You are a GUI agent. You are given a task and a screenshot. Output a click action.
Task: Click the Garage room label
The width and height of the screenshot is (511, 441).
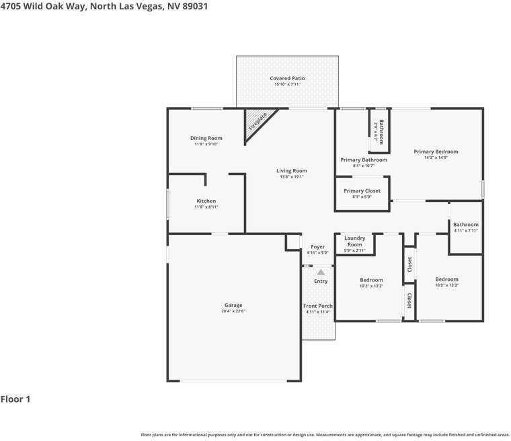pos(233,305)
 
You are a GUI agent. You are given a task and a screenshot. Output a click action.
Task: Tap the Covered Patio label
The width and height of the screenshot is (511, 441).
pos(287,78)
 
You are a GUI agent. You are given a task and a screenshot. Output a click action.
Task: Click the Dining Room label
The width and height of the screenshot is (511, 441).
pos(206,138)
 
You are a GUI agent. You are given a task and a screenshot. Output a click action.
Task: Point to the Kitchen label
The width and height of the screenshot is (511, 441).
pos(206,201)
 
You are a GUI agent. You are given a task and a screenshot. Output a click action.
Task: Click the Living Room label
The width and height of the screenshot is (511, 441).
pos(291,171)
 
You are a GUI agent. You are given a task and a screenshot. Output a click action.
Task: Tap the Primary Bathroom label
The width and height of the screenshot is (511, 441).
pos(363,160)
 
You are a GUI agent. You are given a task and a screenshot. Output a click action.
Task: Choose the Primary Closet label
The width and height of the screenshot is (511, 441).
pos(362,191)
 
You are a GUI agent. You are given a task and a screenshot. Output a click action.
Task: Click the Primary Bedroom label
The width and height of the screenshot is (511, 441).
pos(436,151)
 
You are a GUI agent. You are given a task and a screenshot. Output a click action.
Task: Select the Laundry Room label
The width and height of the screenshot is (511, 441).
pos(354,241)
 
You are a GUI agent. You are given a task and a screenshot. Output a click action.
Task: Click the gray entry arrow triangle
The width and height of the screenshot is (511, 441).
pos(321,272)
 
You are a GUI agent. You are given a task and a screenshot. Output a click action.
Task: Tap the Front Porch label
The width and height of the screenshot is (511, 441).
pos(318,306)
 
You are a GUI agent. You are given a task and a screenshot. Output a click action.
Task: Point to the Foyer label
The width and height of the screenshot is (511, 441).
pos(317,247)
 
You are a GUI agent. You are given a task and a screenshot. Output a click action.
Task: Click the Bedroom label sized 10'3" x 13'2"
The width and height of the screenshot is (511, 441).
pos(371,280)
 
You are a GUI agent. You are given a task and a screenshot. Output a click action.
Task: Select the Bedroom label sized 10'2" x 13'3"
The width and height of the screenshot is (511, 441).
pos(446,279)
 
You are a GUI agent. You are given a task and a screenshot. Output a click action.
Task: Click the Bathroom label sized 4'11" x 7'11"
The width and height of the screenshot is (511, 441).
pos(465,225)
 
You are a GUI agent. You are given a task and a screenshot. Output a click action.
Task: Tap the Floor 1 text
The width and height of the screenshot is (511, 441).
pos(15,399)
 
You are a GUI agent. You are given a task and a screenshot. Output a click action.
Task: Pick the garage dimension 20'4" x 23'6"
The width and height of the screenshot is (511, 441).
pos(233,311)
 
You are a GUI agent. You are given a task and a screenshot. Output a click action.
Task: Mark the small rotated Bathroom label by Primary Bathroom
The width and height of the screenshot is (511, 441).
pos(381,127)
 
